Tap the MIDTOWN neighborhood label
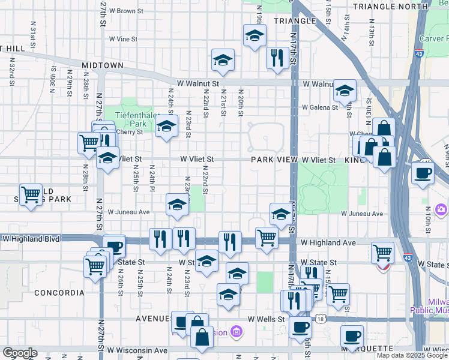tap(103, 65)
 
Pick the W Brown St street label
tap(126, 11)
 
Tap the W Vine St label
tap(123, 39)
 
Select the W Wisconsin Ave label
tap(138, 350)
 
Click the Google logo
tap(19, 353)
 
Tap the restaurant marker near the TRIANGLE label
tap(277, 58)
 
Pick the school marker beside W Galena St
tap(345, 90)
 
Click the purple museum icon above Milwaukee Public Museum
tap(442, 209)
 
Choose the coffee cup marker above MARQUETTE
tap(352, 335)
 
